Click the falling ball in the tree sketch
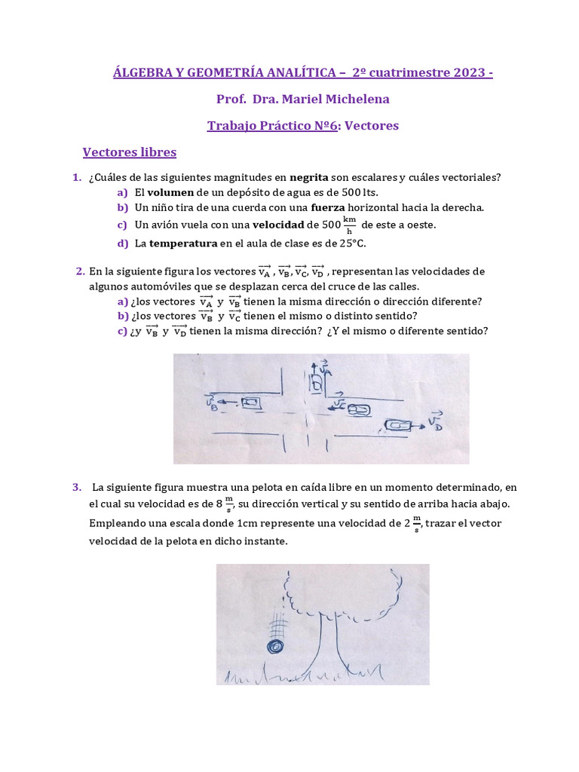tap(277, 646)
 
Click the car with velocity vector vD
tap(397, 426)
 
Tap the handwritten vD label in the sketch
tap(434, 419)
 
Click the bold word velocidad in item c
tap(277, 225)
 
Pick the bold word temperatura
tap(183, 243)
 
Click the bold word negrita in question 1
tap(309, 178)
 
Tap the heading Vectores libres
tap(129, 152)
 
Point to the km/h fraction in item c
tap(349, 225)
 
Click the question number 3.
tap(76, 487)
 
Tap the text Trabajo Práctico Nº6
tap(271, 125)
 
